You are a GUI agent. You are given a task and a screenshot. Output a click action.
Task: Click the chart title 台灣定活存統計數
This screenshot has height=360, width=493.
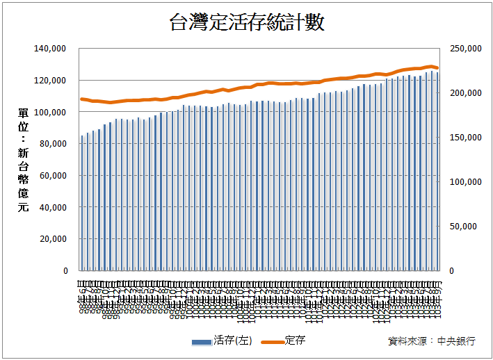246,23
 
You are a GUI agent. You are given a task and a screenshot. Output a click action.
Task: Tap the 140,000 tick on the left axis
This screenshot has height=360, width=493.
49,49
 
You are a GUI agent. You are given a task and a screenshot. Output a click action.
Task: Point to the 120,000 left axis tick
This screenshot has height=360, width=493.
49,81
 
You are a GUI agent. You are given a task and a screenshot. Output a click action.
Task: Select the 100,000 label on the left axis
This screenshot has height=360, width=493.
49,112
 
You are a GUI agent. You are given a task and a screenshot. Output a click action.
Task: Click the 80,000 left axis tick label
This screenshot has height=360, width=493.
51,144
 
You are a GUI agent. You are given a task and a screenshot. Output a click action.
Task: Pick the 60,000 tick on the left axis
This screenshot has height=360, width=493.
51,176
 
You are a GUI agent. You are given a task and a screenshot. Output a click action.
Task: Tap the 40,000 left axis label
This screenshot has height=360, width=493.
51,207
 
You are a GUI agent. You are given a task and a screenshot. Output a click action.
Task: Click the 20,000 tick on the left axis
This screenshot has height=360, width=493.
51,239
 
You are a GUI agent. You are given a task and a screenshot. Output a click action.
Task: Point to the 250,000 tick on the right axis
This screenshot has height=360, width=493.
465,49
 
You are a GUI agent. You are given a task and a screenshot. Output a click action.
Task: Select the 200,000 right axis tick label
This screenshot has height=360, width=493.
465,93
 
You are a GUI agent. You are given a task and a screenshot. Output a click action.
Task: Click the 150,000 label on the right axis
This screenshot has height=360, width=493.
465,138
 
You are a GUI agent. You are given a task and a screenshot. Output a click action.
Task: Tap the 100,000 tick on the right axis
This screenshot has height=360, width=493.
465,182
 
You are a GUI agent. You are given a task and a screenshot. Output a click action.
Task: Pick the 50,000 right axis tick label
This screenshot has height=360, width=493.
467,227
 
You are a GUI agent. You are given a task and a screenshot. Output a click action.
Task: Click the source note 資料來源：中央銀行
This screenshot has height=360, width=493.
432,341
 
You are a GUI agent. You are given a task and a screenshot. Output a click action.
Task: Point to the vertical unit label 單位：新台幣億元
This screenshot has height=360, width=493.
24,160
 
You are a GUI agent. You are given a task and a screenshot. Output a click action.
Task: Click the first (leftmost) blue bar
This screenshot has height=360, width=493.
82,204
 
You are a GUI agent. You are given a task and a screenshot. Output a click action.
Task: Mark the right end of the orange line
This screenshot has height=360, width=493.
437,68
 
